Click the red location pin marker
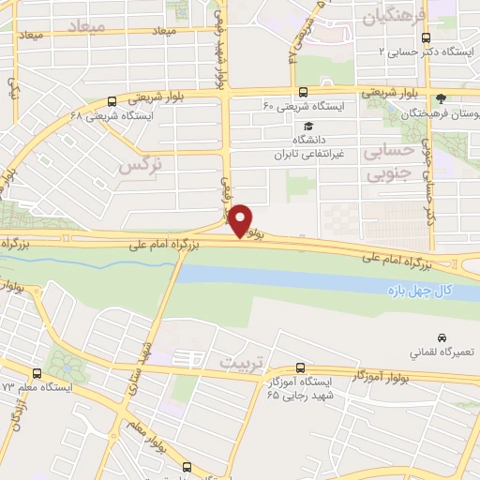click(241, 219)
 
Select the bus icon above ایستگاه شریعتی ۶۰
click(302, 92)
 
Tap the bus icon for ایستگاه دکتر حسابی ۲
click(427, 38)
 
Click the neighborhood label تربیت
click(238, 361)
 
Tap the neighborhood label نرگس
click(141, 165)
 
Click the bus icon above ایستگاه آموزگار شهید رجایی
click(300, 367)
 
